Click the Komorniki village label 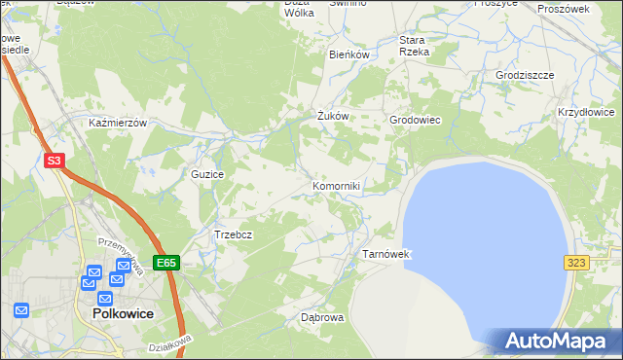337,185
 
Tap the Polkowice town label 125,314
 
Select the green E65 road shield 166,263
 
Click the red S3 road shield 55,162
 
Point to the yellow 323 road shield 575,263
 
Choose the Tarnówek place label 388,254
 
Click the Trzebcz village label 234,234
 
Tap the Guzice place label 208,174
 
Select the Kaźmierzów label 117,124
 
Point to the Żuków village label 333,116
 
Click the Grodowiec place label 416,120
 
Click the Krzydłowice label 586,113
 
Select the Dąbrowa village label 322,317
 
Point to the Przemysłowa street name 121,255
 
